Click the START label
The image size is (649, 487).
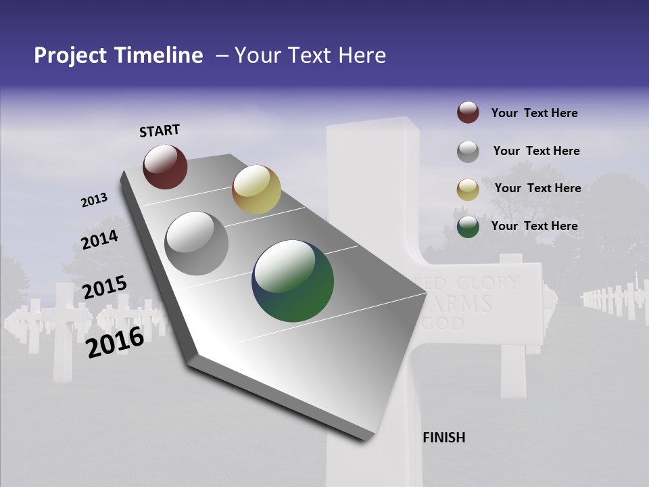[160, 131]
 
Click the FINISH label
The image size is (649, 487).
[443, 438]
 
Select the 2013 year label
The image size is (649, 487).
[94, 200]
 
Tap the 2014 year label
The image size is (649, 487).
[99, 239]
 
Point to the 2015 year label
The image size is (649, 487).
[104, 287]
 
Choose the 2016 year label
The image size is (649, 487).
[115, 342]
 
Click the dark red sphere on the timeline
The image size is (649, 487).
[165, 166]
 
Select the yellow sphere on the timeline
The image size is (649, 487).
[256, 189]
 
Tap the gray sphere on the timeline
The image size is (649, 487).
[196, 243]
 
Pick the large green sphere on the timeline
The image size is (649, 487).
[293, 281]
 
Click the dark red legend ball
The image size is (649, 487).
[468, 113]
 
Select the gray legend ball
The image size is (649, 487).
[468, 152]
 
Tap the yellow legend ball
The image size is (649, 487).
[468, 189]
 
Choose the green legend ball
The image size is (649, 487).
[468, 227]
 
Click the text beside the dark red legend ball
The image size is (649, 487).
[534, 113]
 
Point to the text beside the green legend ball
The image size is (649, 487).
[534, 226]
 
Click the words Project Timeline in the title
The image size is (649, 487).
[118, 55]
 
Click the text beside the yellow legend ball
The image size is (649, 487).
[537, 188]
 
